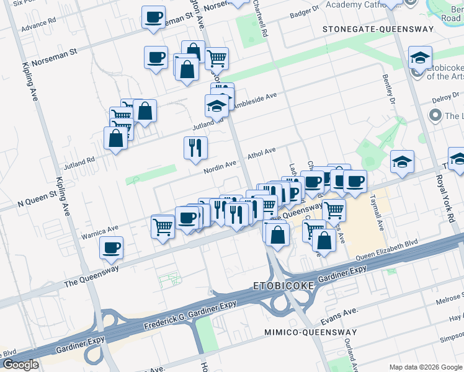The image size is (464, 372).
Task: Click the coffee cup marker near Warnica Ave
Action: [x=112, y=248]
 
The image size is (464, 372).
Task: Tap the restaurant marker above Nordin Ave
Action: [x=195, y=148]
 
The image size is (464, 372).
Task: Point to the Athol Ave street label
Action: [x=261, y=153]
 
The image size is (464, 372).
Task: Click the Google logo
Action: [x=20, y=365]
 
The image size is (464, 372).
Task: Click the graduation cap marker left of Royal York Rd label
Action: [x=402, y=162]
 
